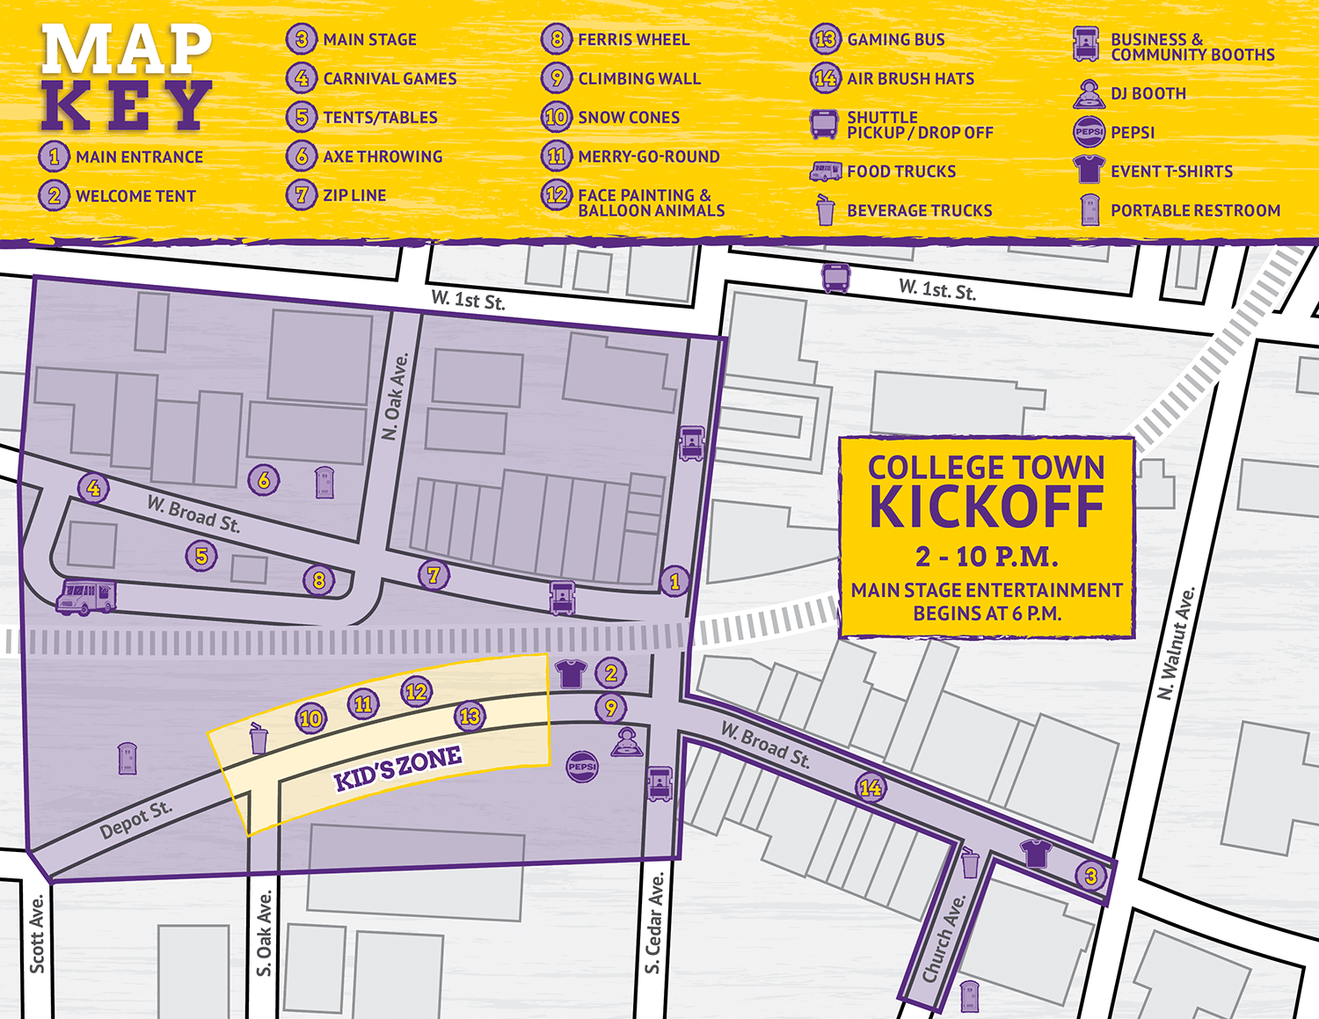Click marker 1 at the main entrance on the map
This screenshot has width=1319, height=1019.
click(674, 581)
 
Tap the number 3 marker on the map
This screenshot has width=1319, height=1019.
click(1090, 876)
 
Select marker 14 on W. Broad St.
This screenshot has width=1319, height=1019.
click(871, 788)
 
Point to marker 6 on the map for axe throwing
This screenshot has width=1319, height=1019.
click(264, 480)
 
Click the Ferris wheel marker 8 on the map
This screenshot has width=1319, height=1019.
click(318, 580)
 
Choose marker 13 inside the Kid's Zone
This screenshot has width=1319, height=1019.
click(470, 717)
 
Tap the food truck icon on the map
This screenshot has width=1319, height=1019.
click(85, 596)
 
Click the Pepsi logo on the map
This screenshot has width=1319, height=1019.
click(582, 767)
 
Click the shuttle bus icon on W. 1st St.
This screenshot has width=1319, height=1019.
click(835, 277)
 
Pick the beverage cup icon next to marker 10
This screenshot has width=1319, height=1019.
click(259, 739)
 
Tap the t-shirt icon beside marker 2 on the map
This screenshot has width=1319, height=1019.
click(571, 673)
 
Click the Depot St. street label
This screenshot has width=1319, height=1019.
click(135, 820)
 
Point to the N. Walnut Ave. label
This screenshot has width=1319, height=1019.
click(1176, 643)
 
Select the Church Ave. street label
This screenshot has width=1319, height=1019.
click(944, 938)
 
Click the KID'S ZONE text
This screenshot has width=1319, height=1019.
click(397, 768)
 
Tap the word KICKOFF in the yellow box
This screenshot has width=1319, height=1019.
click(986, 507)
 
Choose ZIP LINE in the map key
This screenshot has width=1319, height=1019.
click(354, 195)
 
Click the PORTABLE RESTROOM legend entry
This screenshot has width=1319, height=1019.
click(1194, 210)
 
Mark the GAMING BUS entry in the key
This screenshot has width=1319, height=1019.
click(895, 40)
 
